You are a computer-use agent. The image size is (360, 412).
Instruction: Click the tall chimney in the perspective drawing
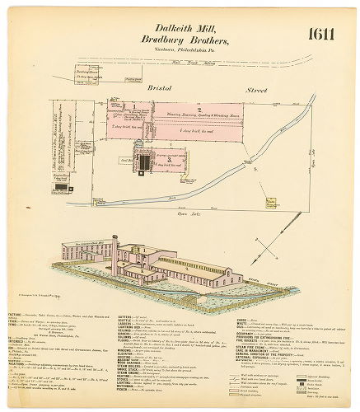(115, 247)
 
